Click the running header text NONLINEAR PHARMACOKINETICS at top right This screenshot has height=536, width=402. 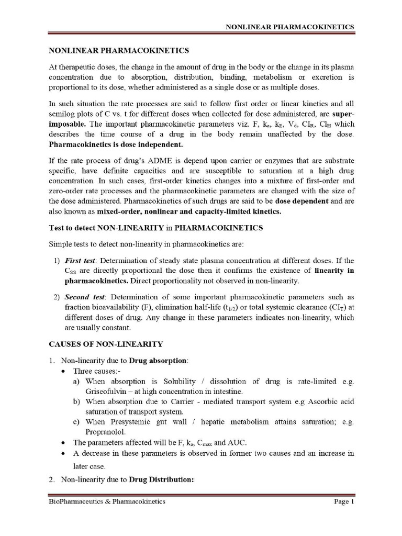click(x=290, y=27)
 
